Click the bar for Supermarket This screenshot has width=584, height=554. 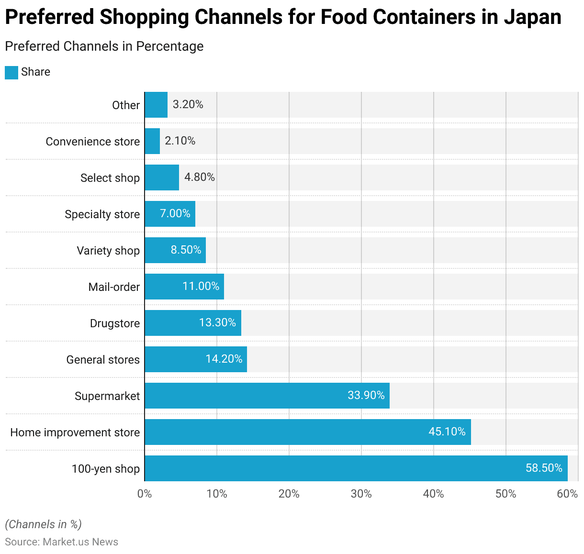click(267, 396)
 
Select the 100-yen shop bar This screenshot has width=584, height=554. click(356, 468)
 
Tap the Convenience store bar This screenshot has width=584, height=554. click(152, 141)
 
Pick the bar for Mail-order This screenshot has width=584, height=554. click(184, 287)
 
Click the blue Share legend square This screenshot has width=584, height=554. click(11, 72)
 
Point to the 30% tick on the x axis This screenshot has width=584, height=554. click(361, 494)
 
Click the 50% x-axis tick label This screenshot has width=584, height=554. click(505, 494)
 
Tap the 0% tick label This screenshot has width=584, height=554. click(145, 494)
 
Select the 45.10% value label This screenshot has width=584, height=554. click(447, 432)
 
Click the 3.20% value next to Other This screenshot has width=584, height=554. click(188, 104)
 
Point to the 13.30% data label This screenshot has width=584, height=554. click(217, 322)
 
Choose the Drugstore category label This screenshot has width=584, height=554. click(115, 323)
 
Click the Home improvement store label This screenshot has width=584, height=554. click(75, 432)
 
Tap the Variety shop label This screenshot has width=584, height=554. click(108, 251)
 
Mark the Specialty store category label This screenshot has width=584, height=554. click(102, 214)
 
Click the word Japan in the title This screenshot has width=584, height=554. click(532, 17)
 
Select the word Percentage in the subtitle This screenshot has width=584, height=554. click(170, 46)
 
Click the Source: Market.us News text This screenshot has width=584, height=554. click(61, 542)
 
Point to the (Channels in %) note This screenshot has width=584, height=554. click(44, 524)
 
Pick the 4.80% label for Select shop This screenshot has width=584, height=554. click(200, 177)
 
